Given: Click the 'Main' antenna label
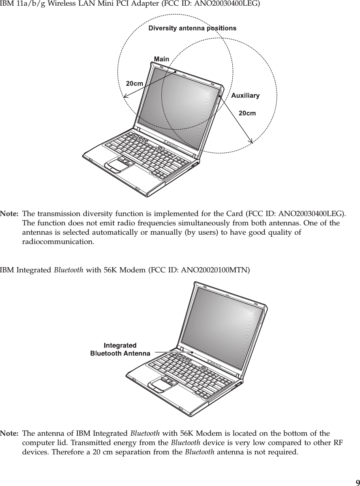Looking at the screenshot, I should [161, 59].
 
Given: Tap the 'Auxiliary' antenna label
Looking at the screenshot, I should [245, 96].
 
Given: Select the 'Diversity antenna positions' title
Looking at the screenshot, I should [192, 28].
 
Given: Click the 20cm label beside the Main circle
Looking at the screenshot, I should [134, 83].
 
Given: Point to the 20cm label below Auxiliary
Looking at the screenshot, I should [247, 113].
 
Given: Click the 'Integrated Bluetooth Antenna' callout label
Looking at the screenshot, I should [120, 349].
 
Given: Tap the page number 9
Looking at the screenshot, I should [357, 482].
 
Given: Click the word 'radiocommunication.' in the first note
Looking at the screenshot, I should [58, 242].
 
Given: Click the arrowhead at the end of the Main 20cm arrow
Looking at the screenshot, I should [125, 96].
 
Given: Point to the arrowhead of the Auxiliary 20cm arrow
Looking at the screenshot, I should [251, 141].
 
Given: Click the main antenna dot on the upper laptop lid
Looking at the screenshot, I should [175, 71].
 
